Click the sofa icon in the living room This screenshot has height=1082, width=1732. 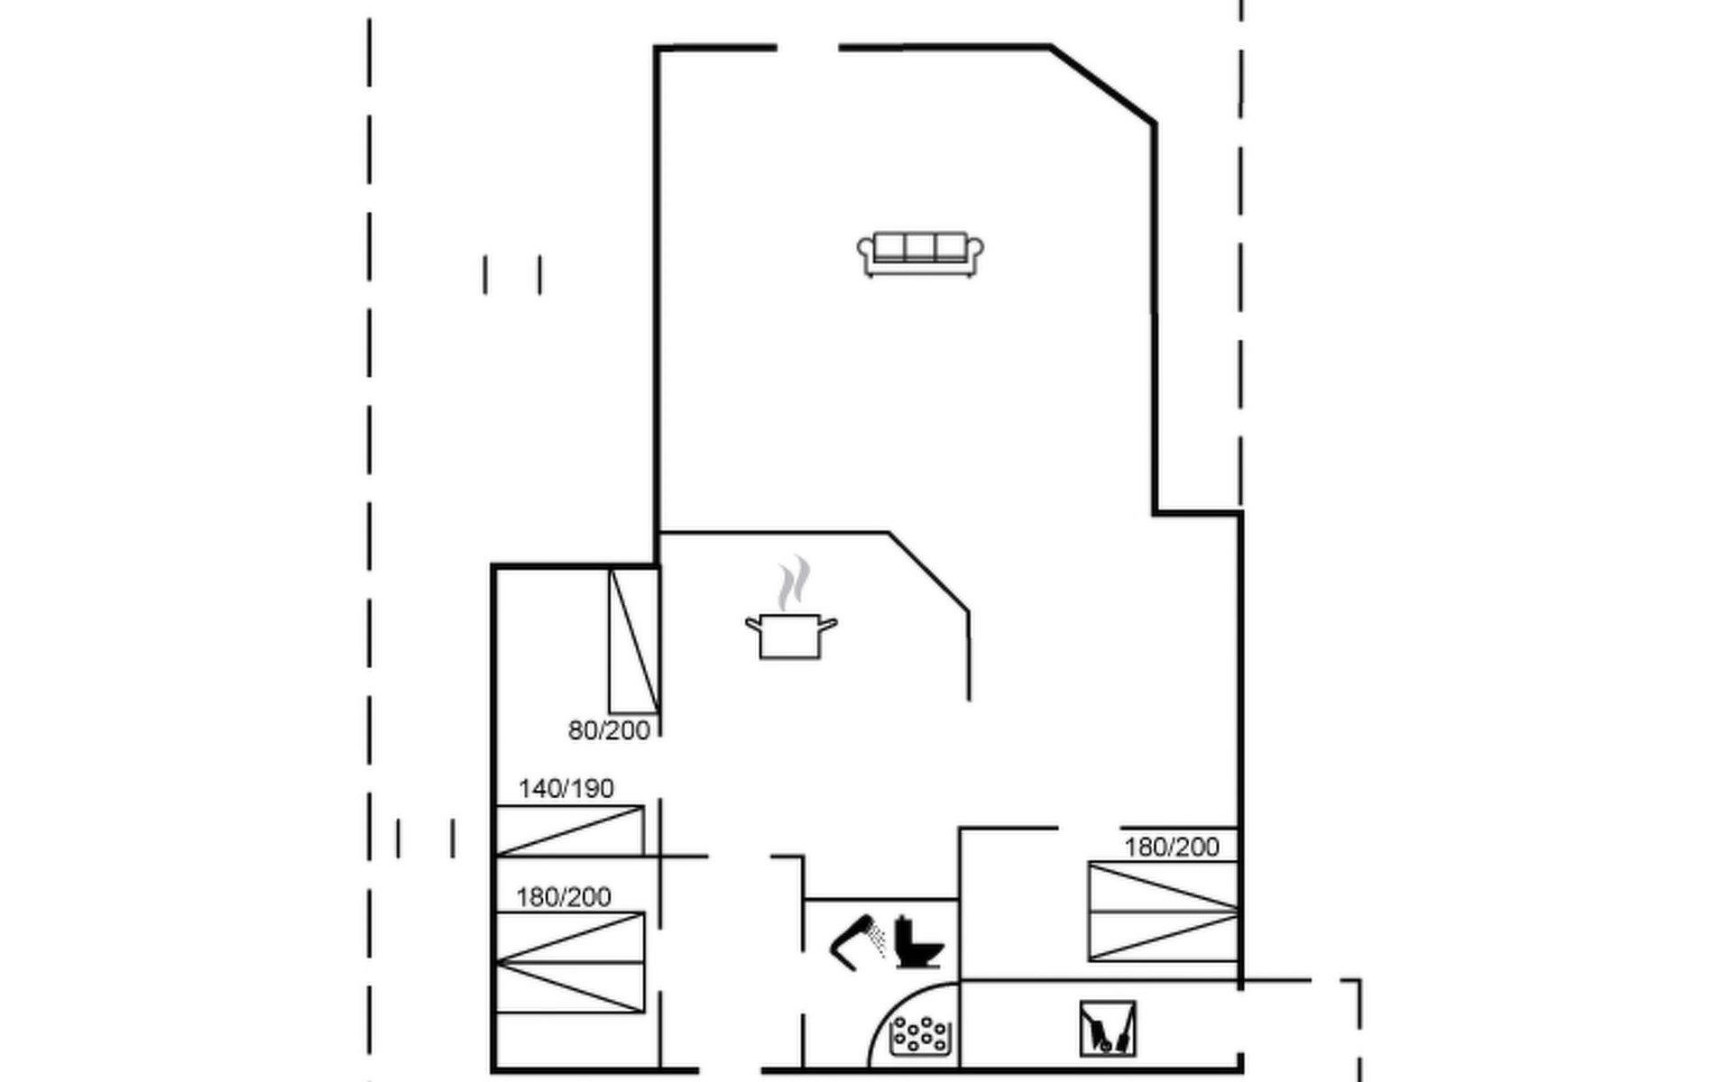pos(920,254)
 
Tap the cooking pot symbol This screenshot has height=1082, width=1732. pos(791,636)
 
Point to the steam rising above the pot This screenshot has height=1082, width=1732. pos(794,583)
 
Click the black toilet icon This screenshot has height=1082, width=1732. pos(919,942)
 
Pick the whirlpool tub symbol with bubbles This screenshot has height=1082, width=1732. pos(920,1036)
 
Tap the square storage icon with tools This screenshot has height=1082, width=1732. pos(1108,1029)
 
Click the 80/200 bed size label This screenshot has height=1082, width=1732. pos(609,731)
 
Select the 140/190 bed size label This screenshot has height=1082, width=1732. pos(566,789)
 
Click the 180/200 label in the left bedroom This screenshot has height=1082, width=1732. pos(563,897)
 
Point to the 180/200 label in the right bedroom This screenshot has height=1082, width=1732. pos(1172,848)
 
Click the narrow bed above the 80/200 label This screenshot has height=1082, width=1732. pos(634,641)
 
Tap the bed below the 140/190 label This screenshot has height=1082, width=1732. pos(570,831)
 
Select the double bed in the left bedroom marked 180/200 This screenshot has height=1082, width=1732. pos(570,962)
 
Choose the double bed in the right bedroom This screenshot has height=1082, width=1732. pos(1164,912)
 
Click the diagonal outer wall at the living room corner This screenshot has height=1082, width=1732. pos(1102,84)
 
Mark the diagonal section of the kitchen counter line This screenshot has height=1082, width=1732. pos(929,572)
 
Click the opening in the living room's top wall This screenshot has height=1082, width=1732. pos(807,47)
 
